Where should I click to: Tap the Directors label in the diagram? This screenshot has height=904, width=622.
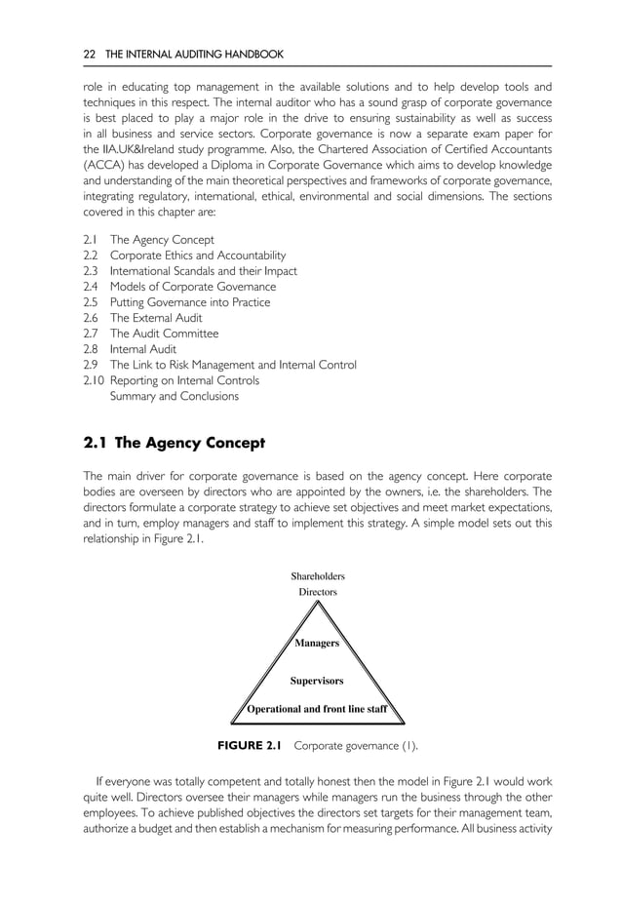[317, 592]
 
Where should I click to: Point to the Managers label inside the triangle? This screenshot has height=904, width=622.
[317, 644]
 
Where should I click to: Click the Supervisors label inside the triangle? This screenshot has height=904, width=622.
[317, 680]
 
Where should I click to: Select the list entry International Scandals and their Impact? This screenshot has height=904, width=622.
[204, 271]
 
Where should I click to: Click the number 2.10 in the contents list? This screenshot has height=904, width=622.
[94, 380]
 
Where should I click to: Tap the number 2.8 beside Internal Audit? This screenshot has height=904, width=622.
[91, 349]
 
